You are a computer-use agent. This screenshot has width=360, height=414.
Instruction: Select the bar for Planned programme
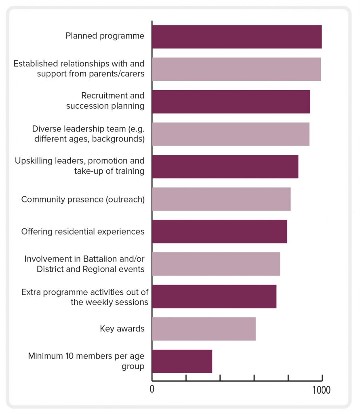pos(237,37)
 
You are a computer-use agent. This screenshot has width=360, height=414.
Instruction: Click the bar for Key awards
pos(204,329)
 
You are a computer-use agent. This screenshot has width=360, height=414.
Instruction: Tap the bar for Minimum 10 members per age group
pos(182,361)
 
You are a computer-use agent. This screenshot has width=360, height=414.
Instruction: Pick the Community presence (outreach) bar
pos(221,199)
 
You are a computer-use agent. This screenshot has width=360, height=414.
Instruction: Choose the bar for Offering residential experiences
pos(219,231)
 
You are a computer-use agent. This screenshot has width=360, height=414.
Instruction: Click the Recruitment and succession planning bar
pos(231,101)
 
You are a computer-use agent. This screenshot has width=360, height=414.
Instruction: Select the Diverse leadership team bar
pos(231,134)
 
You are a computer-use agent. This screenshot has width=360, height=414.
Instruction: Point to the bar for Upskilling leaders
pos(225,167)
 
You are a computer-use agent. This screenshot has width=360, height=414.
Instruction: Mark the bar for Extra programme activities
pos(214,296)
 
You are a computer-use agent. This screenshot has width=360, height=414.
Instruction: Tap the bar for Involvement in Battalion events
pos(216,264)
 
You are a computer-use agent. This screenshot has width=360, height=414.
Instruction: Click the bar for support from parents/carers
pos(236,69)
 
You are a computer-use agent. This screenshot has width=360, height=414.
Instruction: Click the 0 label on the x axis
pos(152,390)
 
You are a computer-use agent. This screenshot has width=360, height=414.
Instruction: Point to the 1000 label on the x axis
pos(322,390)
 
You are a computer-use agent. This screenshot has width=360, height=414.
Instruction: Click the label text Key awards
pos(122,329)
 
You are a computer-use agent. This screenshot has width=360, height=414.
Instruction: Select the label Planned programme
pos(105,36)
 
